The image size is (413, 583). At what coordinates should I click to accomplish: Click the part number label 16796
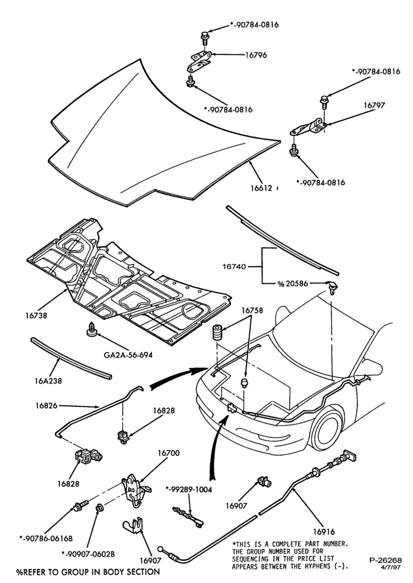pyautogui.click(x=256, y=55)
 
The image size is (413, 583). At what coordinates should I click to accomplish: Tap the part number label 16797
pyautogui.click(x=374, y=105)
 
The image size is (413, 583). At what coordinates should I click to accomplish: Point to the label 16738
pyautogui.click(x=37, y=315)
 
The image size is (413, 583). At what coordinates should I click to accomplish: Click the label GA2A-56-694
pyautogui.click(x=128, y=354)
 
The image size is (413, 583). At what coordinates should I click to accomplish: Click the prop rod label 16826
pyautogui.click(x=47, y=406)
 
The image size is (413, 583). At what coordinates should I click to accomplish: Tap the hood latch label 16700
pyautogui.click(x=169, y=453)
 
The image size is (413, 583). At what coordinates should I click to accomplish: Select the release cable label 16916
pyautogui.click(x=324, y=532)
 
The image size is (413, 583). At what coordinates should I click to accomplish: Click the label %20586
pyautogui.click(x=292, y=284)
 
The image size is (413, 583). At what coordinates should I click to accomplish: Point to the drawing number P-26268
pyautogui.click(x=386, y=560)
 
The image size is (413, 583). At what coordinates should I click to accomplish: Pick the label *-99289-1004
pyautogui.click(x=188, y=490)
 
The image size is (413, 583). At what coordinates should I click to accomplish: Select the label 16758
pyautogui.click(x=252, y=310)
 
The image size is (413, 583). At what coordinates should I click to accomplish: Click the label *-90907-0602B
pyautogui.click(x=88, y=554)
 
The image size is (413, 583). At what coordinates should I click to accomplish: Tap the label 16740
pyautogui.click(x=234, y=266)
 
